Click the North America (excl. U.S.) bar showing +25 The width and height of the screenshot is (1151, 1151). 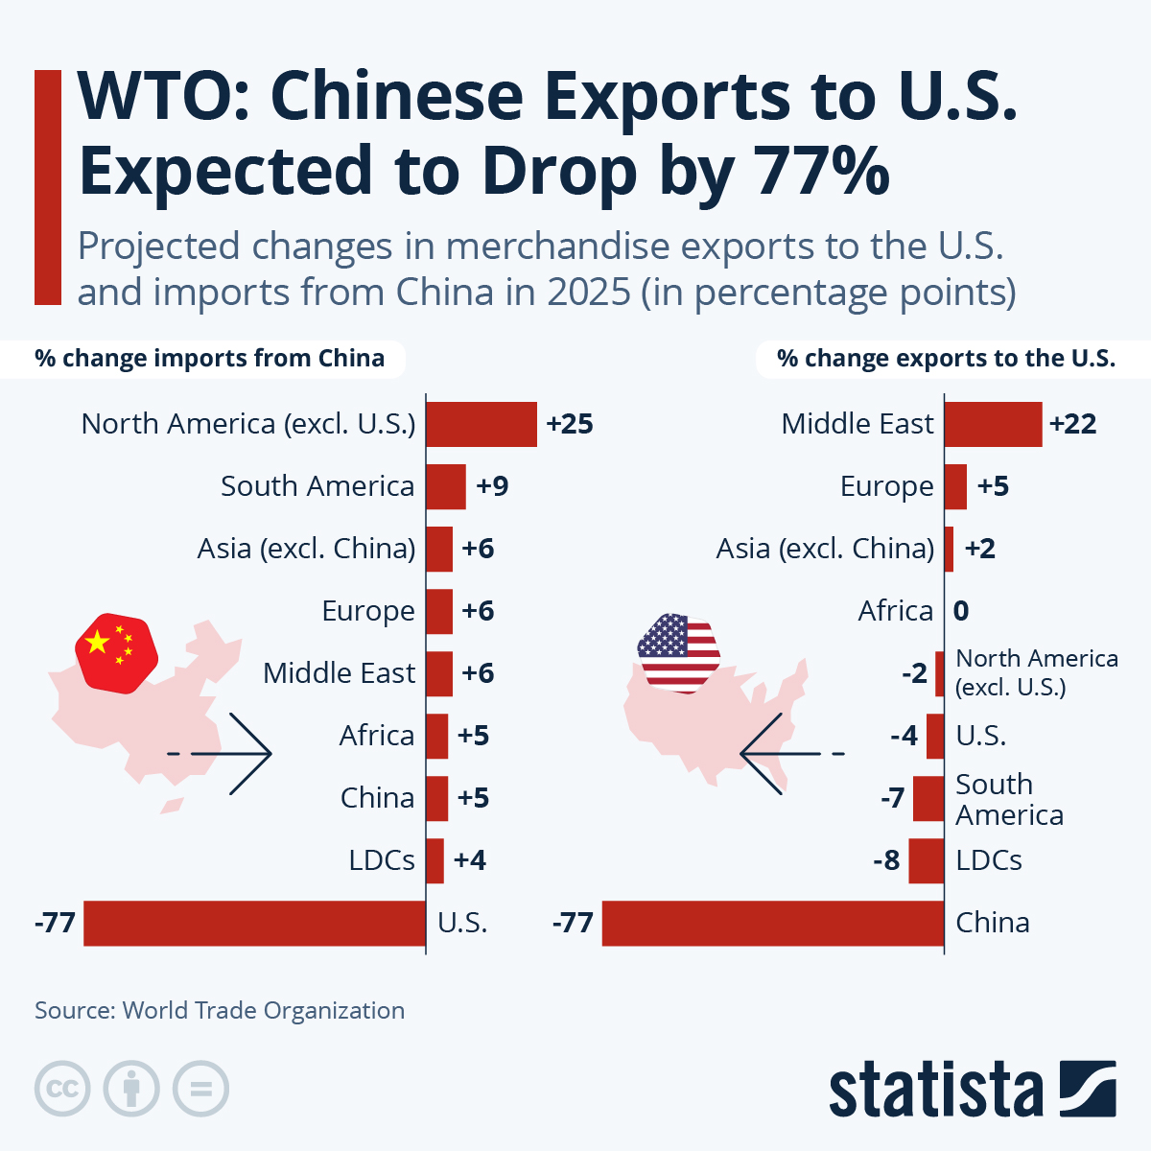pyautogui.click(x=481, y=424)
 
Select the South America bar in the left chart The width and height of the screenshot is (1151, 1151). pyautogui.click(x=445, y=486)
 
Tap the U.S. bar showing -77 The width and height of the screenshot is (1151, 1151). pyautogui.click(x=254, y=923)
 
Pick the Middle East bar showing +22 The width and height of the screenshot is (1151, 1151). pyautogui.click(x=993, y=424)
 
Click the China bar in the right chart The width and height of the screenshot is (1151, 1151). pyautogui.click(x=772, y=923)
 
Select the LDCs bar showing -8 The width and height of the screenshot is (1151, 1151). pyautogui.click(x=927, y=860)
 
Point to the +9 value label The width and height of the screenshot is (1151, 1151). pyautogui.click(x=492, y=486)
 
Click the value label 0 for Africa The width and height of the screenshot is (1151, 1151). pyautogui.click(x=961, y=611)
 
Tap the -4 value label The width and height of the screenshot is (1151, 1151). pyautogui.click(x=904, y=736)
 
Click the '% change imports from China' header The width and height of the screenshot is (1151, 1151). pyautogui.click(x=209, y=359)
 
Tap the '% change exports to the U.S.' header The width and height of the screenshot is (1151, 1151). pyautogui.click(x=946, y=359)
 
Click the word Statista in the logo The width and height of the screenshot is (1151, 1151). pyautogui.click(x=935, y=1090)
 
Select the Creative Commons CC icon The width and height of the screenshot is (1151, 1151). pyautogui.click(x=62, y=1090)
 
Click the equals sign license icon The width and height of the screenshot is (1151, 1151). pyautogui.click(x=200, y=1090)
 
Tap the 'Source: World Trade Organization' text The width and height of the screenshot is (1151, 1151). pyautogui.click(x=220, y=1010)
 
